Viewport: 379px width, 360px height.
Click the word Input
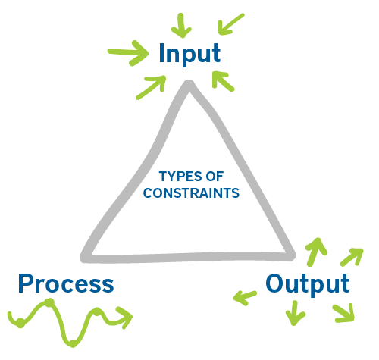(x=189, y=55)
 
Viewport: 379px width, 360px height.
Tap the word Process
(x=66, y=284)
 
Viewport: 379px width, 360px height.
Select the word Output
(x=307, y=284)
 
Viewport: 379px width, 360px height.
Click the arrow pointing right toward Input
(x=127, y=53)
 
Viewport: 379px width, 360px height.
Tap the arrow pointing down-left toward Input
(x=230, y=24)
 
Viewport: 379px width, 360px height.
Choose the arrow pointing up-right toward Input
(x=151, y=87)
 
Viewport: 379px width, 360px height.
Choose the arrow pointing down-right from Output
(x=344, y=311)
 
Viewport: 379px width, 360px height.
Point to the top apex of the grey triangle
(x=189, y=86)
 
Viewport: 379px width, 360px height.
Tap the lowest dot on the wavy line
(x=72, y=343)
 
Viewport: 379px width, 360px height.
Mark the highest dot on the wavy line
(x=49, y=303)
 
